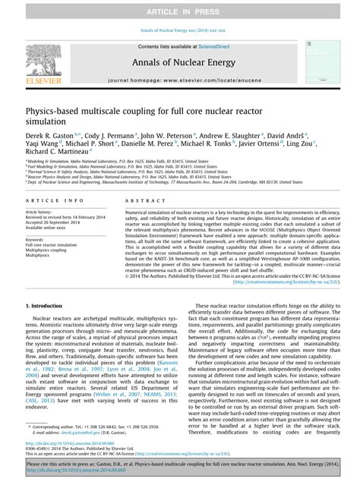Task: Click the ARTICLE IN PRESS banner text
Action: click(x=180, y=10)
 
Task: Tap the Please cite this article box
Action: click(x=180, y=466)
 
